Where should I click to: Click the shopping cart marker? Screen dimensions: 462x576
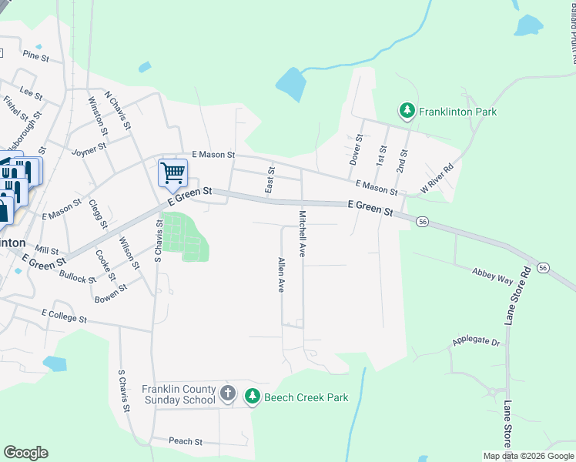coord(173,172)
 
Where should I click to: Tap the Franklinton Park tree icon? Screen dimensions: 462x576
coord(407,112)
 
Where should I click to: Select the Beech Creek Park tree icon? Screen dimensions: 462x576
coord(252,397)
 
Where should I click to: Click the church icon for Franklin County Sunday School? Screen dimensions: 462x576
coord(227,394)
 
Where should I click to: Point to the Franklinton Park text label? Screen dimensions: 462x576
coord(457,112)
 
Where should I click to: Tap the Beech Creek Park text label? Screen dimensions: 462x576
coord(306,398)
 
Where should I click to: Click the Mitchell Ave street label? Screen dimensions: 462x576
coord(303,233)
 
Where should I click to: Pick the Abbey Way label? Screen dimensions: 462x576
coord(494,276)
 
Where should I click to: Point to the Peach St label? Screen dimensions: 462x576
coord(185,442)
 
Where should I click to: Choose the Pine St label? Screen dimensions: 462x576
coord(35,55)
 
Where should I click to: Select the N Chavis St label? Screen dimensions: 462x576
coord(119,113)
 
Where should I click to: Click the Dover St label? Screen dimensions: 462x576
coord(355,149)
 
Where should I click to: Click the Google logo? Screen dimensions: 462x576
coord(25,453)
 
